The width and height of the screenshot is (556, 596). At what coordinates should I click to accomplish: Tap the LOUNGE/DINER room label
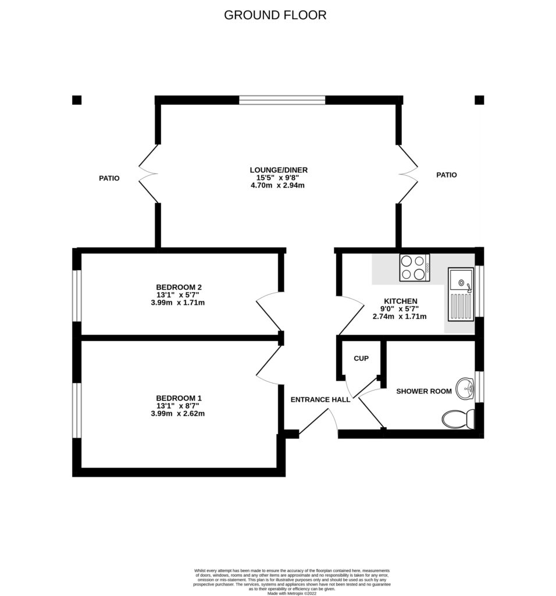point(275,170)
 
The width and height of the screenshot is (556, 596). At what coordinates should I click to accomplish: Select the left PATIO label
point(109,178)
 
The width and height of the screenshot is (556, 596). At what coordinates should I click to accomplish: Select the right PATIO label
point(446,175)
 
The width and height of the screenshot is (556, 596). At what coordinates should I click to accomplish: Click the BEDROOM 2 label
point(179,287)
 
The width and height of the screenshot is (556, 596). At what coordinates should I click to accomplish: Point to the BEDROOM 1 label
point(179,398)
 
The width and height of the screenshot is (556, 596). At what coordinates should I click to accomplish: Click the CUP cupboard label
point(361,359)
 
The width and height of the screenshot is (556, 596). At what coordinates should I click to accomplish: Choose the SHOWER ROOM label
point(424,391)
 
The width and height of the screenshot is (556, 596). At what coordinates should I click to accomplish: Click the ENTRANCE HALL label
point(320,400)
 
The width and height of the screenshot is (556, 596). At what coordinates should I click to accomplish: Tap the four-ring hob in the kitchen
point(414,268)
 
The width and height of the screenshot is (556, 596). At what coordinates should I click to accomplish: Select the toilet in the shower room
point(458,418)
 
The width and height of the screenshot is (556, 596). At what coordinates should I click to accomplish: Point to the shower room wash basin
point(465,389)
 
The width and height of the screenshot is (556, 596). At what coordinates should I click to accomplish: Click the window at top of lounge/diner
point(282,100)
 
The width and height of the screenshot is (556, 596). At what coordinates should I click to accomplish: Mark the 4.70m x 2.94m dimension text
point(275,186)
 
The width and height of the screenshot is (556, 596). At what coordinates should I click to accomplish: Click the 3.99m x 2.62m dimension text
point(179,414)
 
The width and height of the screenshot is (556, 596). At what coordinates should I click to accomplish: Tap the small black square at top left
point(77,100)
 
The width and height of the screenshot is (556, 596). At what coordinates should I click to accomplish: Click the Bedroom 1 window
point(76,410)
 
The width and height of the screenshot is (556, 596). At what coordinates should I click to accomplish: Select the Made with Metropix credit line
point(291,593)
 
